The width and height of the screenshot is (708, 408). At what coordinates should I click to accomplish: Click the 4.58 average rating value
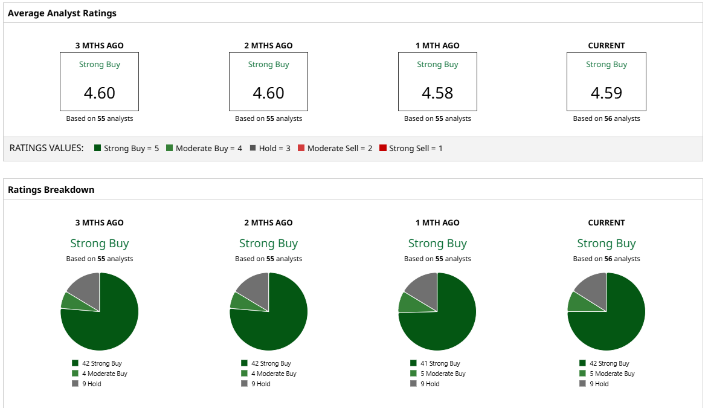(x=437, y=93)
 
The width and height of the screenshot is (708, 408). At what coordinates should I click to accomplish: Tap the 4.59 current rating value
(x=607, y=93)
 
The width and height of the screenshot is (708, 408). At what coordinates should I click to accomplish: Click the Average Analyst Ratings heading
(x=62, y=13)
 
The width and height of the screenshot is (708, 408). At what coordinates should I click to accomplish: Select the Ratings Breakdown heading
(x=51, y=189)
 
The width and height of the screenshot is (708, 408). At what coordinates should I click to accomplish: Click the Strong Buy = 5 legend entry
(x=126, y=148)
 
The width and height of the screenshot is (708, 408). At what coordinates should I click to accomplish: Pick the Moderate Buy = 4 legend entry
(x=204, y=148)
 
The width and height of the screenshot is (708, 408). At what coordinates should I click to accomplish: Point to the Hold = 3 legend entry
(x=270, y=148)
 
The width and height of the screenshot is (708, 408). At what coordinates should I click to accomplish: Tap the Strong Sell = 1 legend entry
(x=411, y=148)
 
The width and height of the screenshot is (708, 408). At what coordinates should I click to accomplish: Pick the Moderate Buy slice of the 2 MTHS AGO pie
(x=239, y=300)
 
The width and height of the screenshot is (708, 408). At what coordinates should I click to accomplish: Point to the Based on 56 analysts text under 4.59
(x=607, y=118)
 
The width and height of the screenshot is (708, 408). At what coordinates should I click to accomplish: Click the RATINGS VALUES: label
(x=47, y=148)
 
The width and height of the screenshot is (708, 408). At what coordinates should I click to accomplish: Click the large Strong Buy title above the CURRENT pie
(x=607, y=244)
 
